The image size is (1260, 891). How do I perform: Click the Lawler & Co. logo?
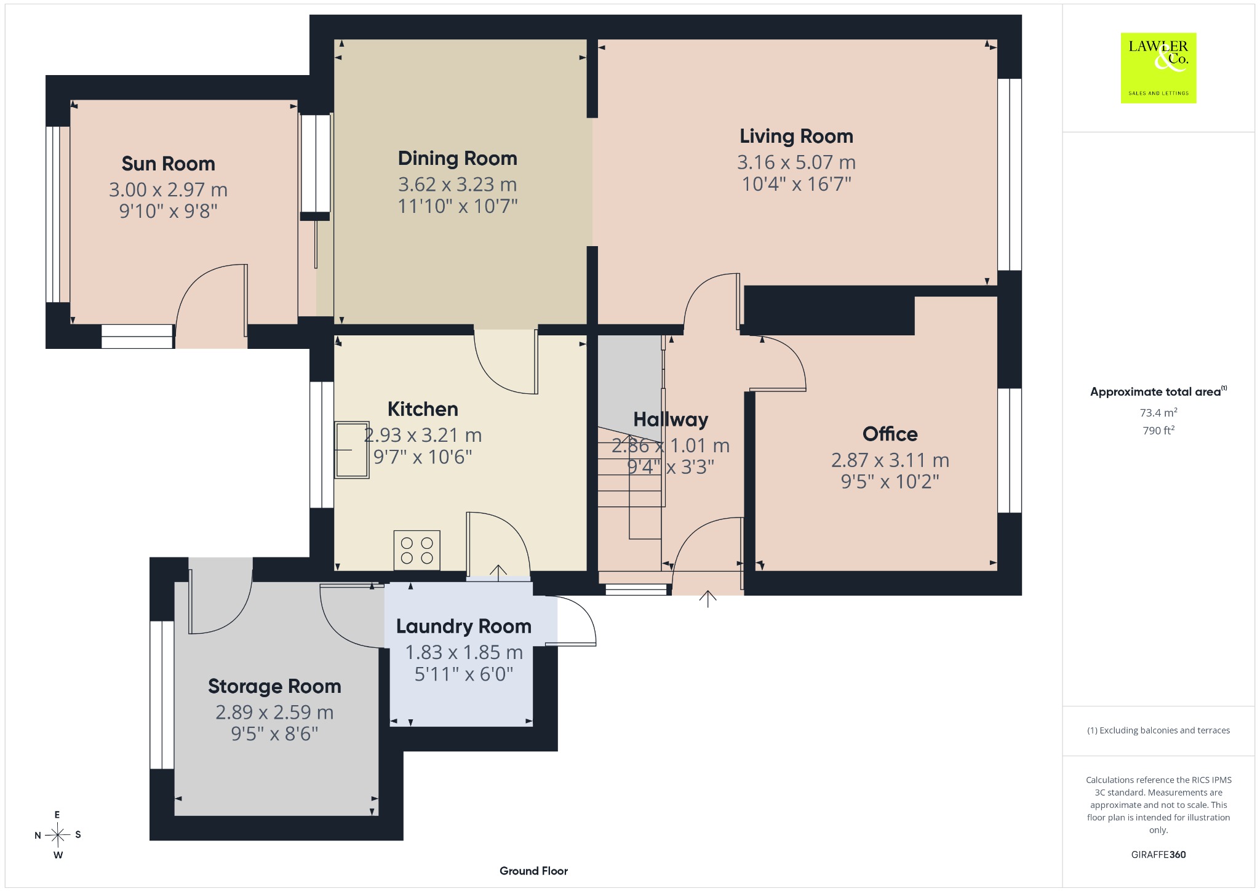tap(1158, 68)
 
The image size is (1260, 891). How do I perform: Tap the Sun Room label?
tap(168, 164)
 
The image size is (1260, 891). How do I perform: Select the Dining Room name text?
tap(457, 158)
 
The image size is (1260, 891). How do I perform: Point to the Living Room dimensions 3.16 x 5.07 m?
tap(796, 162)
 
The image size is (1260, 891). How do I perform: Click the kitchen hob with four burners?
tap(417, 550)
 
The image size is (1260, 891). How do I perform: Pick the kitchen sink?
tap(351, 450)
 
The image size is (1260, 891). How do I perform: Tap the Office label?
tap(890, 434)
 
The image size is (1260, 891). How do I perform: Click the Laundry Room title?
tap(463, 626)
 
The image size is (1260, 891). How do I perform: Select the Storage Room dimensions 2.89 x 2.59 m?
tap(274, 713)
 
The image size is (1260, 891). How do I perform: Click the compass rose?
tap(58, 835)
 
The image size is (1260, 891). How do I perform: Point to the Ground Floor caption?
tap(533, 871)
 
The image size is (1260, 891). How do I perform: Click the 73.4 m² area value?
tap(1158, 412)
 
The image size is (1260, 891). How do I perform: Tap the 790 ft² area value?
tap(1158, 430)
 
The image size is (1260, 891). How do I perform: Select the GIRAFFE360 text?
tap(1158, 854)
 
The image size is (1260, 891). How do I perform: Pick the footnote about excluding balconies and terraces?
tap(1158, 730)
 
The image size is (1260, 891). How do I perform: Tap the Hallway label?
tap(671, 420)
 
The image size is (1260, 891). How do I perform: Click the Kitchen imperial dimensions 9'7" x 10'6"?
tap(423, 457)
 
